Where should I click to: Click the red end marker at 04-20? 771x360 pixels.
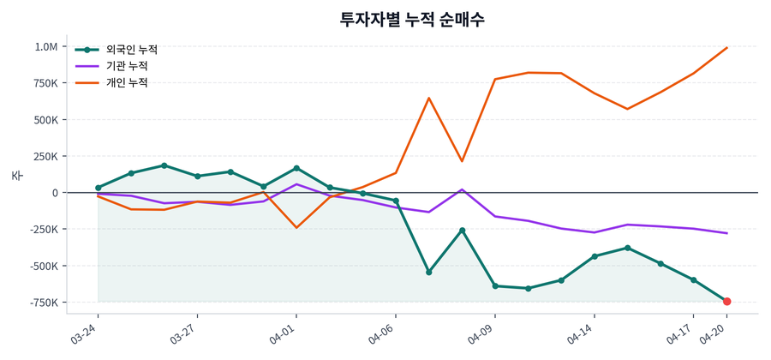[726, 302]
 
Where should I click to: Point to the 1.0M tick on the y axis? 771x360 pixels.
[46, 47]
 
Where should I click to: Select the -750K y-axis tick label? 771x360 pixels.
[42, 303]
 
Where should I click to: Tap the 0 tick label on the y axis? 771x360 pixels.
[55, 193]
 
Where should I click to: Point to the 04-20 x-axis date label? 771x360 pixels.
[714, 331]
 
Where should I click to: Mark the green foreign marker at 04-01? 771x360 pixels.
[296, 168]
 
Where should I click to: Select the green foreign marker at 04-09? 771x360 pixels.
[495, 286]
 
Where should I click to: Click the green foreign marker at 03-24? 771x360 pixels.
[99, 188]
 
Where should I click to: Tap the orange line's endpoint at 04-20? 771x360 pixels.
[726, 48]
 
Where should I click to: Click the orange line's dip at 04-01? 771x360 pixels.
[296, 227]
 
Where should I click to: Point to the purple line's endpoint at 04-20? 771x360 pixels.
[726, 233]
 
